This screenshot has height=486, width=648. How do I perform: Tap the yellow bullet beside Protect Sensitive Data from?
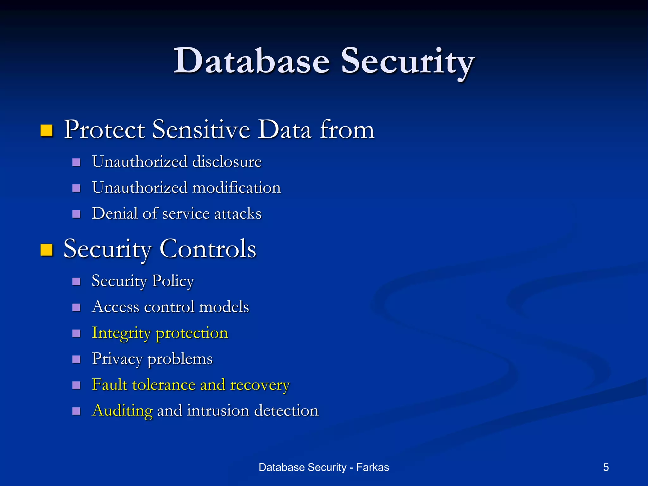pyautogui.click(x=47, y=130)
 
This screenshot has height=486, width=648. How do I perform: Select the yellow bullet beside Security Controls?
pyautogui.click(x=47, y=250)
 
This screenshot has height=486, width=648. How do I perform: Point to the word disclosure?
pyautogui.click(x=227, y=162)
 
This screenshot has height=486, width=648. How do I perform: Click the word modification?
pyautogui.click(x=236, y=188)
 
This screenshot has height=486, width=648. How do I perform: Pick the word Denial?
pyautogui.click(x=115, y=213)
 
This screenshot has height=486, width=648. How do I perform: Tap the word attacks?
pyautogui.click(x=238, y=214)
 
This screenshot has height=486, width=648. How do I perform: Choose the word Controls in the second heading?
pyautogui.click(x=208, y=249)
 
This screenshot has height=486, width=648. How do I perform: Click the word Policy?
pyautogui.click(x=173, y=281)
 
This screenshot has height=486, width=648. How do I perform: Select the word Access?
pyautogui.click(x=115, y=307)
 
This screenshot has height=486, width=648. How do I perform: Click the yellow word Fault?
pyautogui.click(x=109, y=385)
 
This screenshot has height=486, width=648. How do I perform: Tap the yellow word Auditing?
pyautogui.click(x=122, y=411)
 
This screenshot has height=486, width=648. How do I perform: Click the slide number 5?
pyautogui.click(x=606, y=467)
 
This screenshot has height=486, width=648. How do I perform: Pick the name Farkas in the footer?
pyautogui.click(x=372, y=467)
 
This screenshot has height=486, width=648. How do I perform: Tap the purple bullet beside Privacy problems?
pyautogui.click(x=76, y=359)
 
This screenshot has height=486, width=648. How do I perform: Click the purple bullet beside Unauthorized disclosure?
pyautogui.click(x=76, y=162)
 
